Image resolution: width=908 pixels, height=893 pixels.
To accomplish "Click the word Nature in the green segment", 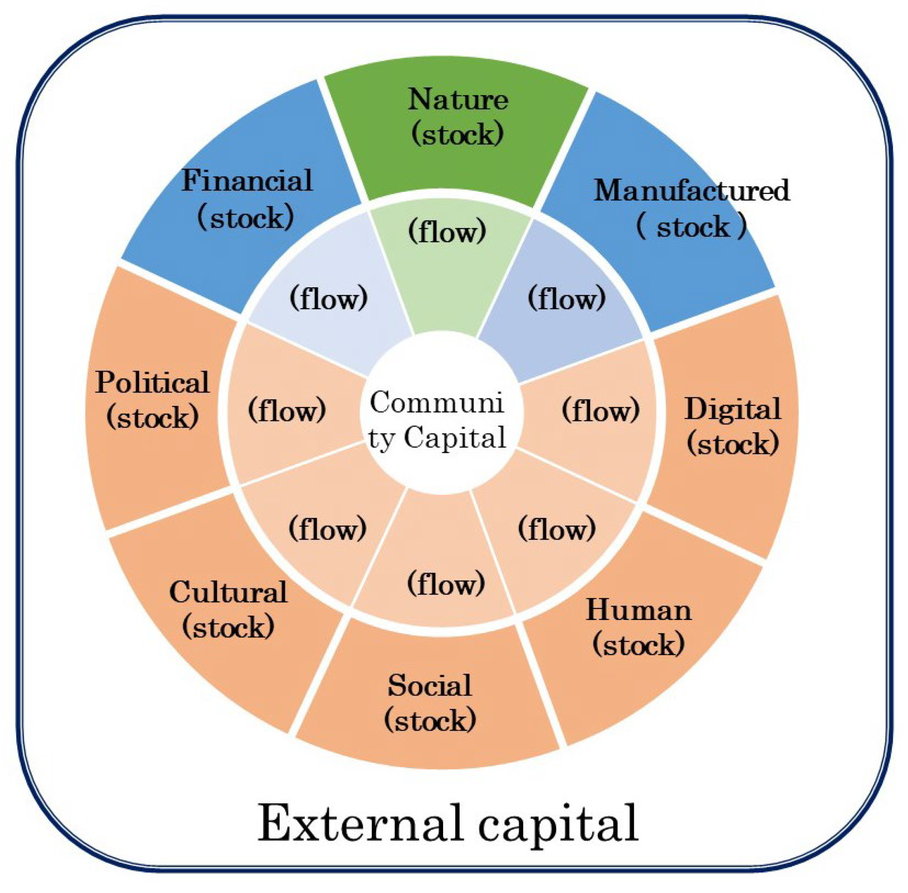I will pyautogui.click(x=457, y=100).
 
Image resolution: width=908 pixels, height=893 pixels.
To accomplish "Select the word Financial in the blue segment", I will pyautogui.click(x=247, y=181).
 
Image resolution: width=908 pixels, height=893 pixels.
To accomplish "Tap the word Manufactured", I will pyautogui.click(x=692, y=191).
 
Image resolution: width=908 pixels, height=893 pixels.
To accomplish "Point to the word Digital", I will pyautogui.click(x=733, y=409).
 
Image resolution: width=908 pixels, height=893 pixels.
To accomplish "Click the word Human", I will pyautogui.click(x=638, y=611).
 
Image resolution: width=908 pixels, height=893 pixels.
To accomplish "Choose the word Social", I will pyautogui.click(x=429, y=686).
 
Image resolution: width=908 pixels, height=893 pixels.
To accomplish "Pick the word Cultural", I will pyautogui.click(x=228, y=592).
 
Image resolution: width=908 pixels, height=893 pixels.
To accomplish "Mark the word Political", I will pyautogui.click(x=152, y=383).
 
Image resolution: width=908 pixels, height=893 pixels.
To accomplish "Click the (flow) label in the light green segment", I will pyautogui.click(x=447, y=232).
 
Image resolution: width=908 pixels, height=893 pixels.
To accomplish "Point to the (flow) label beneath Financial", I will pyautogui.click(x=329, y=298).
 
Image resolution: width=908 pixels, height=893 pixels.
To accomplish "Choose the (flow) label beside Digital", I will pyautogui.click(x=600, y=410).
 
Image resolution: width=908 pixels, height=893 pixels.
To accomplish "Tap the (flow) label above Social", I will pyautogui.click(x=446, y=584).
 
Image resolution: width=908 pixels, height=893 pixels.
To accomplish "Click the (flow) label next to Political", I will pyautogui.click(x=287, y=410).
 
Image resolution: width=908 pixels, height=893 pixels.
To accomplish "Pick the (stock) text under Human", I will pyautogui.click(x=638, y=645).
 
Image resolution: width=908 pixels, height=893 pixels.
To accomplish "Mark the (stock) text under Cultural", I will pyautogui.click(x=228, y=628).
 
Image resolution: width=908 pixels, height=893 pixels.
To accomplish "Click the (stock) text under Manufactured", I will pyautogui.click(x=692, y=227).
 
